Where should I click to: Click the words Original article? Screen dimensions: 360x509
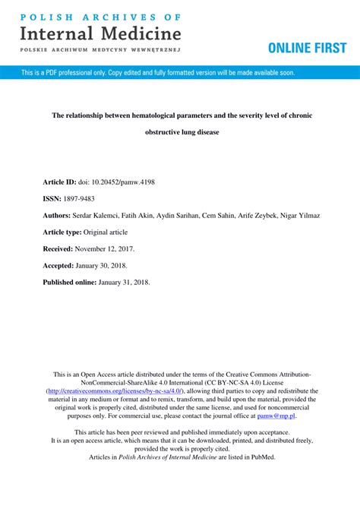[x=106, y=232]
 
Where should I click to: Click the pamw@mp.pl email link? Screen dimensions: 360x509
[x=276, y=416]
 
